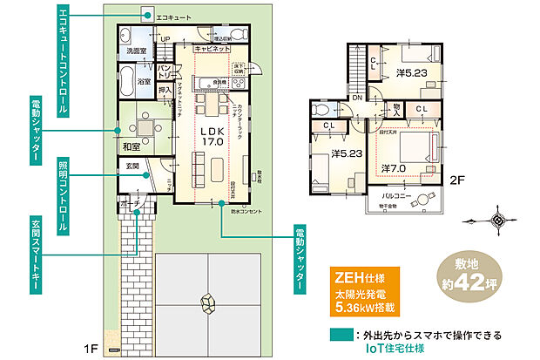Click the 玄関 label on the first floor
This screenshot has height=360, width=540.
(x=131, y=165)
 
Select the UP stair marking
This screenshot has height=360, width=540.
(x=165, y=39)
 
